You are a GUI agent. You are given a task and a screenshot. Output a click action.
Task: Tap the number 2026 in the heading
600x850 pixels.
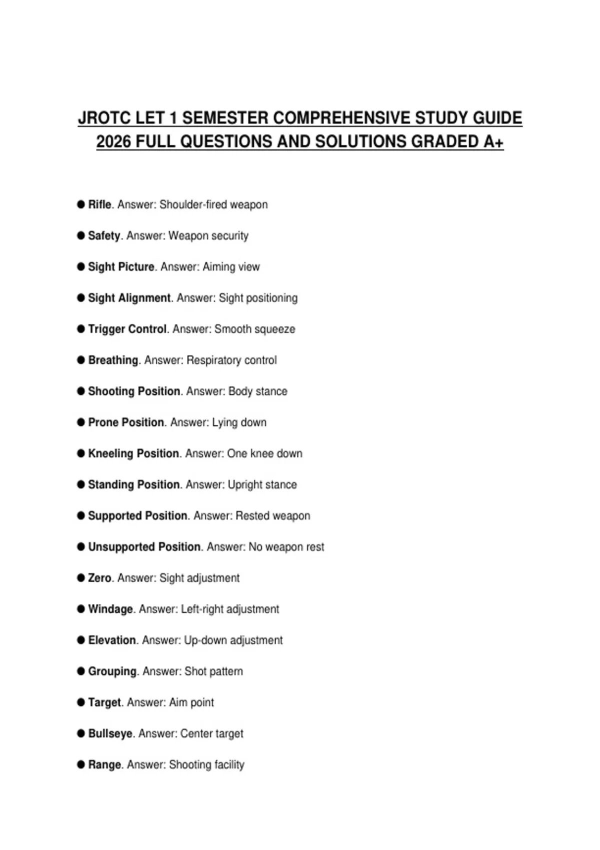113,141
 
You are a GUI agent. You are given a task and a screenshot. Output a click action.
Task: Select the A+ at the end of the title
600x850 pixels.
493,141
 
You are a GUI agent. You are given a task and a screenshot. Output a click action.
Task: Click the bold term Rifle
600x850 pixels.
99,204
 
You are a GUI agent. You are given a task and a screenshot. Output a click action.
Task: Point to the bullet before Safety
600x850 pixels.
81,235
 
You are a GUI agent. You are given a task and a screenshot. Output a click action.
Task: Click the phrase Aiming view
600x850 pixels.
231,267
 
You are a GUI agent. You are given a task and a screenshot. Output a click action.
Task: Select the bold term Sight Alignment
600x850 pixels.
129,298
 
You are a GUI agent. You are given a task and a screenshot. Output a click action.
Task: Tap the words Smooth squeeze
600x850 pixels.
254,329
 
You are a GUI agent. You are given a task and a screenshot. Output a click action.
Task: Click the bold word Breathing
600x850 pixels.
113,360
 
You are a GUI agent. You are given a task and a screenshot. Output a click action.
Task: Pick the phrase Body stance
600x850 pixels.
257,391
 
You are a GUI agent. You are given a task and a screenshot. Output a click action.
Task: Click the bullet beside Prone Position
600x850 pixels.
81,422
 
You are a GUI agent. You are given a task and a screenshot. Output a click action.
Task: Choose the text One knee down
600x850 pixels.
264,453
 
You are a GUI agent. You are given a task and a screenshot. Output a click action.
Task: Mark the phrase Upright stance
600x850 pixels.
262,484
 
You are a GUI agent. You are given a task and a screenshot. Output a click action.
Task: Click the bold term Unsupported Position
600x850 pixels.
144,547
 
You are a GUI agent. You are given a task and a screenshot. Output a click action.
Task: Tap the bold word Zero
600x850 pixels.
99,578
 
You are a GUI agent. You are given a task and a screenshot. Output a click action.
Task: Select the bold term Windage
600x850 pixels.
110,609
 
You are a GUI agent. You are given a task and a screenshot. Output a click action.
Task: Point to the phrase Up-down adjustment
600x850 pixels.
233,640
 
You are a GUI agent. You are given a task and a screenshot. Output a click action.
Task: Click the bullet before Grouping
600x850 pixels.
81,671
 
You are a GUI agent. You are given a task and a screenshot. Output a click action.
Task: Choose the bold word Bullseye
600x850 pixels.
110,733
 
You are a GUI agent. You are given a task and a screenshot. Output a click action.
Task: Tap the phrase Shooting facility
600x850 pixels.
206,764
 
